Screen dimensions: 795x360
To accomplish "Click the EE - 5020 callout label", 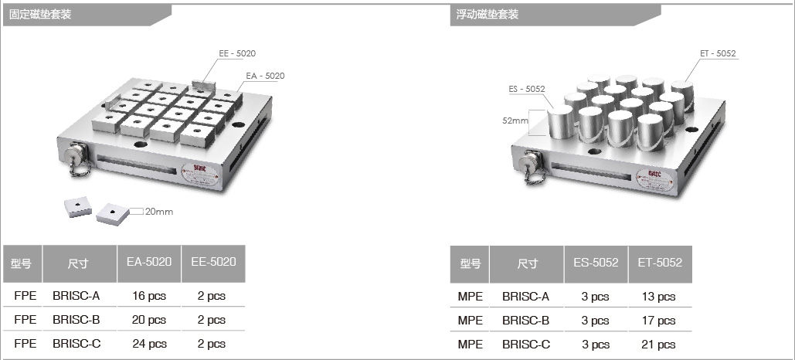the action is [237, 53].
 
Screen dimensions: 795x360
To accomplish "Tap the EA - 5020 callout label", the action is [265, 76].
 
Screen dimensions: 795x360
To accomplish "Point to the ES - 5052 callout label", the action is [527, 89].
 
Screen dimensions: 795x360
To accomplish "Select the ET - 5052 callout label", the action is [718, 53].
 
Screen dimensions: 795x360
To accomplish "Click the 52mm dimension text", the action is [515, 121].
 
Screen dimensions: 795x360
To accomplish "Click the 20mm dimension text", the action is [159, 212].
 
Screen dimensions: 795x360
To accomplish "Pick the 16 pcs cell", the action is [149, 296].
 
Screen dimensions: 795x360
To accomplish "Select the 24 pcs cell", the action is [149, 344].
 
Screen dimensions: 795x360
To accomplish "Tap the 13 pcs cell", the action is [658, 297].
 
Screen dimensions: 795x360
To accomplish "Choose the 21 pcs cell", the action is [658, 345].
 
